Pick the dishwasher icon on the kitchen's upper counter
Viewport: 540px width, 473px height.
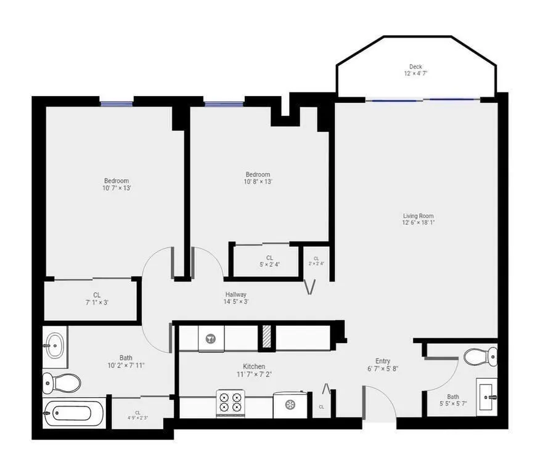point(210,339)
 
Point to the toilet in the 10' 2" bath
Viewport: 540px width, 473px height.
point(62,382)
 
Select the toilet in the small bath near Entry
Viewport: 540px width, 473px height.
point(480,356)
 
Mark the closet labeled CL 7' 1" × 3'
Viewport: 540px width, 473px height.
point(96,299)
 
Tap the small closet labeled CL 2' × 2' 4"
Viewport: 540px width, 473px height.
point(316,261)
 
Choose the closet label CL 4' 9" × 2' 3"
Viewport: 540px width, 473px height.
point(137,416)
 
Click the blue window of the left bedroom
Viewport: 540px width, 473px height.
point(117,103)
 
